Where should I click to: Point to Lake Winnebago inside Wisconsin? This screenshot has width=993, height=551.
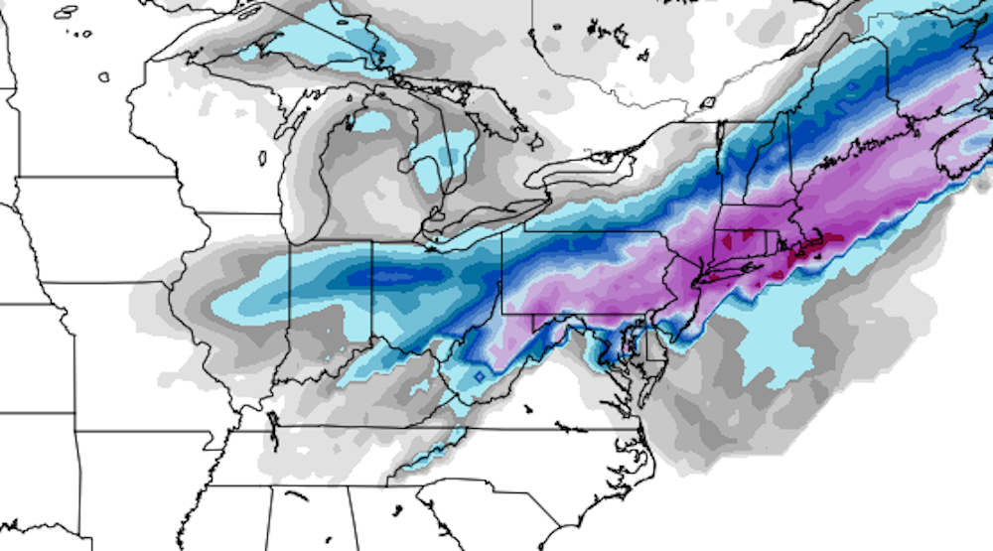click(x=262, y=158)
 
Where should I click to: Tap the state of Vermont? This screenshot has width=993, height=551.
click(x=733, y=159)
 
